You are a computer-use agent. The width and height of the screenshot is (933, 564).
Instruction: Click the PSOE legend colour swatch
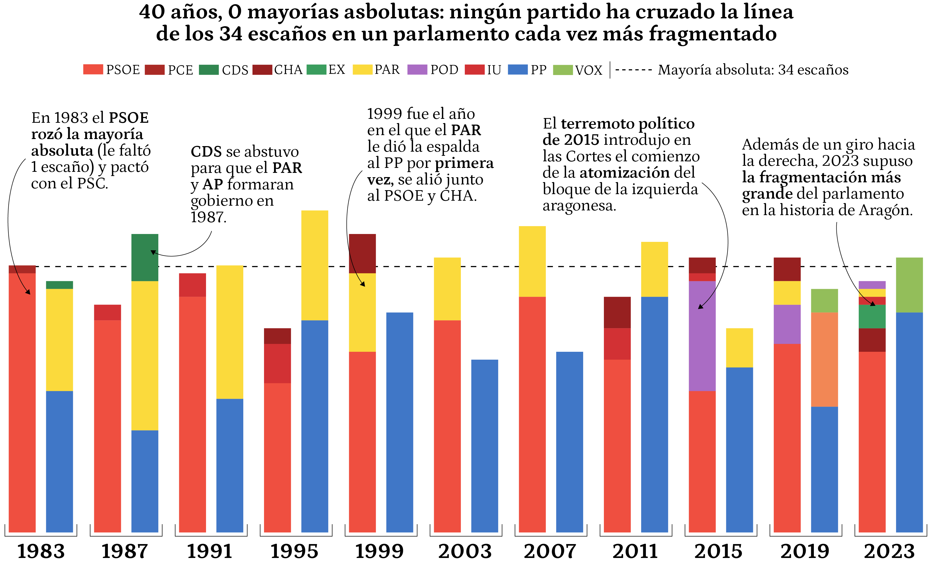[x=93, y=70]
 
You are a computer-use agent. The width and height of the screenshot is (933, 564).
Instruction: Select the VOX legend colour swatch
[x=563, y=70]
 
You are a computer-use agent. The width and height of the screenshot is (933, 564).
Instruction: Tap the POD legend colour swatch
[x=417, y=70]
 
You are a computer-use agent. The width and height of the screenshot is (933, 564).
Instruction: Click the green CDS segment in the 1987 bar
[x=145, y=257]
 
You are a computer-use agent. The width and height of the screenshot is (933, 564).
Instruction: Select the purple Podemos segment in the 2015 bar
[x=702, y=336]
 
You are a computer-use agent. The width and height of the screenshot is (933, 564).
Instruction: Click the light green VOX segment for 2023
[x=909, y=285]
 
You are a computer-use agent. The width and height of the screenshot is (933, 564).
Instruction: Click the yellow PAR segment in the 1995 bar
[x=315, y=265]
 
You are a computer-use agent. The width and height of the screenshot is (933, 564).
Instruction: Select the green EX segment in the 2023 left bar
[x=872, y=316]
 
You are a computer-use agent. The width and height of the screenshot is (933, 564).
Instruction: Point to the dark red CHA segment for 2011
[x=617, y=312]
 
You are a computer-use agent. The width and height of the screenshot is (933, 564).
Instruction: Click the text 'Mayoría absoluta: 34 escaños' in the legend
[x=753, y=70]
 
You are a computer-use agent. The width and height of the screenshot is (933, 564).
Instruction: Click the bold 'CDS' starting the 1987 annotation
[x=206, y=152]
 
